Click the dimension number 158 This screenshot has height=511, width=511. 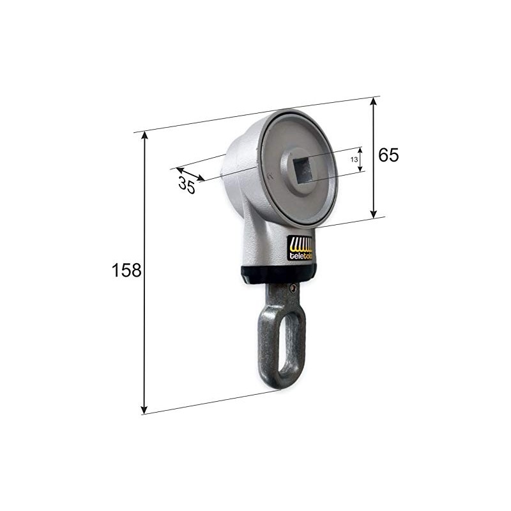pyautogui.click(x=126, y=270)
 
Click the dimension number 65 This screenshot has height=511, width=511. pyautogui.click(x=388, y=155)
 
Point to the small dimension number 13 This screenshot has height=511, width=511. pyautogui.click(x=355, y=160)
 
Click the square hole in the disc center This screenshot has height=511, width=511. pyautogui.click(x=303, y=169)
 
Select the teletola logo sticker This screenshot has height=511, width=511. pyautogui.click(x=300, y=248)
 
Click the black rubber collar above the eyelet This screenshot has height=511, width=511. pyautogui.click(x=278, y=274)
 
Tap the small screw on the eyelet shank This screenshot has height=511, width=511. pyautogui.click(x=293, y=289)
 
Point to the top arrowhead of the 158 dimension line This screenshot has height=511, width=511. pyautogui.click(x=144, y=135)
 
